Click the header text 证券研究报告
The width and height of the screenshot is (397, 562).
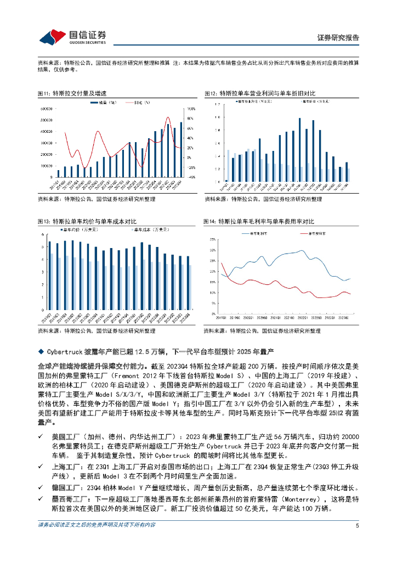click(x=338, y=38)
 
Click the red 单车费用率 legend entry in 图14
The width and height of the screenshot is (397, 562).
click(x=314, y=233)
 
